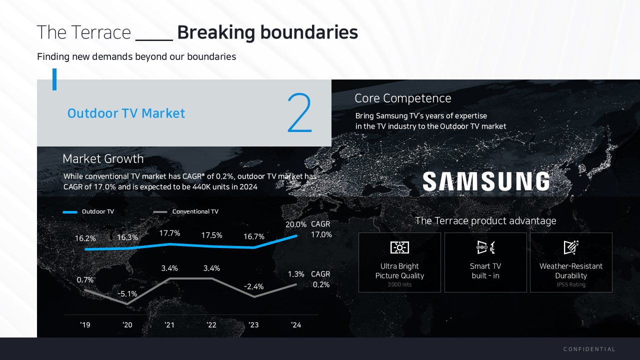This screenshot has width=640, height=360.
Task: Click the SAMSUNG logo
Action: [486, 181]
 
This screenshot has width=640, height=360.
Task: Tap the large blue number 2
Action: [299, 112]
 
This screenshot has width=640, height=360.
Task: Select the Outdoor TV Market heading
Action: [126, 113]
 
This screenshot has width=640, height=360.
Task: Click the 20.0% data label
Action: [295, 224]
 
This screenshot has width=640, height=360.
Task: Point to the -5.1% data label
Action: [127, 293]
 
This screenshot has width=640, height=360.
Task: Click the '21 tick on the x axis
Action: [169, 325]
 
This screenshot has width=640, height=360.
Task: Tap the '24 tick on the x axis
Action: [296, 325]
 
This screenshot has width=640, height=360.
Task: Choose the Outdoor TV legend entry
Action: [88, 211]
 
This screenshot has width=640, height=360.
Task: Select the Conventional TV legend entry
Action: [185, 211]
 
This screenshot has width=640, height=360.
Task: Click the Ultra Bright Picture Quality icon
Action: [399, 247]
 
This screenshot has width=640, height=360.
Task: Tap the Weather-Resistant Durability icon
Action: [571, 247]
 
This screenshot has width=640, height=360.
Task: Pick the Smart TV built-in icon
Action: [485, 247]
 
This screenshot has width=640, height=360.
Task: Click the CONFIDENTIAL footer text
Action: [589, 349]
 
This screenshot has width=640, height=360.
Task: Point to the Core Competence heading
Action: [403, 98]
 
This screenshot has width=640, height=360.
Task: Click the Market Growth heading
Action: [103, 159]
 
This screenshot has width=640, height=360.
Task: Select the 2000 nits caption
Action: [399, 284]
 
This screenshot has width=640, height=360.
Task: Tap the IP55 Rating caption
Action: [571, 284]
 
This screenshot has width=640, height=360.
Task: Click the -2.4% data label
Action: [253, 286]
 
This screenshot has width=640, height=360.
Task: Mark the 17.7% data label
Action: [169, 233]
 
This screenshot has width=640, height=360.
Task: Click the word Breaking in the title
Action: [216, 32]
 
